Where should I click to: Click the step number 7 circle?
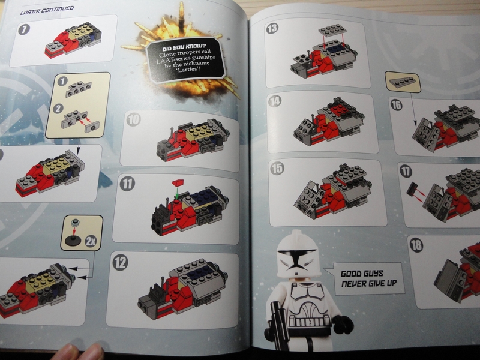point(24,29)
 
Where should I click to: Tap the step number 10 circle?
point(133,119)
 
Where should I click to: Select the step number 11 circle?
point(127,184)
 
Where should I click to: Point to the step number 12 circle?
point(120,262)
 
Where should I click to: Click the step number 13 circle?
point(272,28)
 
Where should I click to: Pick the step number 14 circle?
point(275,101)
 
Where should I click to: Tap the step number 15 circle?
point(277,168)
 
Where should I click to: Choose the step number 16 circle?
point(396,105)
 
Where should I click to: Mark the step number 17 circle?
point(406,171)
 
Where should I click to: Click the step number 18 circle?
point(416,245)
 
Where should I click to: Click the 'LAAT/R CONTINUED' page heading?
point(47,10)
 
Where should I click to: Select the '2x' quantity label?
point(91,241)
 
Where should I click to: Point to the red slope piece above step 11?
point(178,183)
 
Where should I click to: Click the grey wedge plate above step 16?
point(402,82)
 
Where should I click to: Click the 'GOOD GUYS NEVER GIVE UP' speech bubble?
point(368,278)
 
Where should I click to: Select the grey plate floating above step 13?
point(332,31)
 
